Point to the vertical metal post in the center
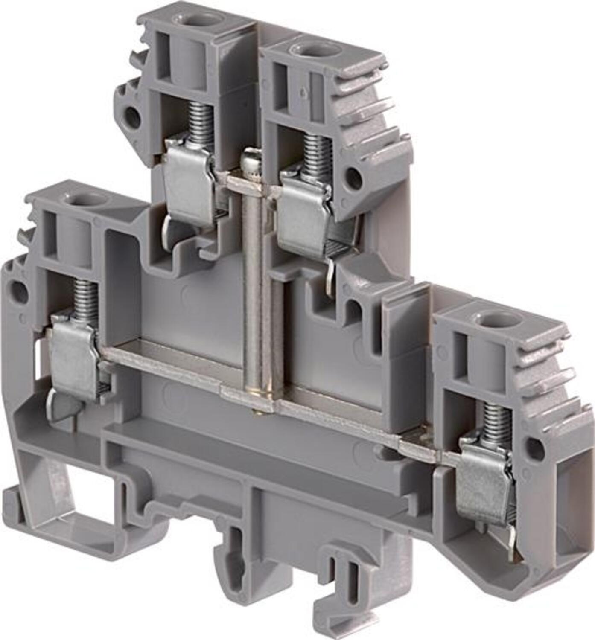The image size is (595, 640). pyautogui.click(x=256, y=299)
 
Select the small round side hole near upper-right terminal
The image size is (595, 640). pyautogui.click(x=353, y=175)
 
